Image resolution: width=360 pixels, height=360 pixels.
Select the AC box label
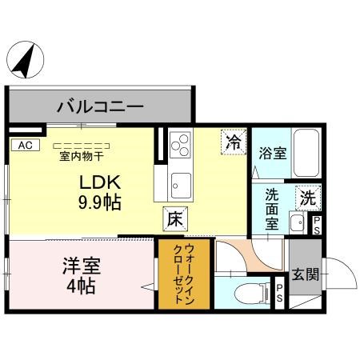24,145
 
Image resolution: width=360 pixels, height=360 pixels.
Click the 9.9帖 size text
99,202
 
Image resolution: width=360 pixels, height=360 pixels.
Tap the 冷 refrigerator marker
234,142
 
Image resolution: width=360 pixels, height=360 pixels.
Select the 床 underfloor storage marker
175,215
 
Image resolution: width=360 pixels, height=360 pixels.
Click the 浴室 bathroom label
273,153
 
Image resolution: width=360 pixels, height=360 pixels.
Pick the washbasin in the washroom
297,222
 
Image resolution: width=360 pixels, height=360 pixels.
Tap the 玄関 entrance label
305,274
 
